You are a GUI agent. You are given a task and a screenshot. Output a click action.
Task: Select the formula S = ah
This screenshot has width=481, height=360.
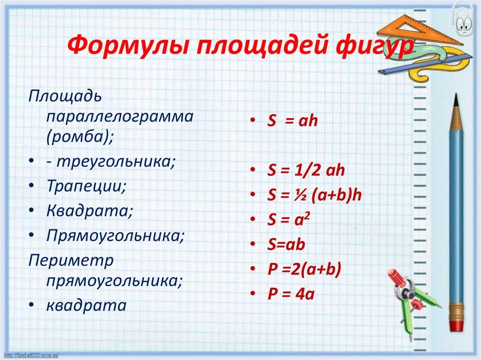[x=293, y=121]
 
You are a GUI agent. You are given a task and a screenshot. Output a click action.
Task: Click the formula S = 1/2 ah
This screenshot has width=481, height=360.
[x=306, y=170]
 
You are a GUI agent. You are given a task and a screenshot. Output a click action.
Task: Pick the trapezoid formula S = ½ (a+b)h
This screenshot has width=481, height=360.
[x=313, y=195]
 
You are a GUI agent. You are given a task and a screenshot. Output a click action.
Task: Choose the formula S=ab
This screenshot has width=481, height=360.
[x=286, y=244]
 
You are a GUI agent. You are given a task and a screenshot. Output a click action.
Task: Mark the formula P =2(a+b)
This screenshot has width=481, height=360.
[x=303, y=269]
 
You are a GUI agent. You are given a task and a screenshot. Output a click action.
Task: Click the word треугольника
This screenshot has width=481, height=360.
[x=116, y=161]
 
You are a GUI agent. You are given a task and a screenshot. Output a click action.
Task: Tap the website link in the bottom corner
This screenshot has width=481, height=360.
[x=30, y=354]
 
